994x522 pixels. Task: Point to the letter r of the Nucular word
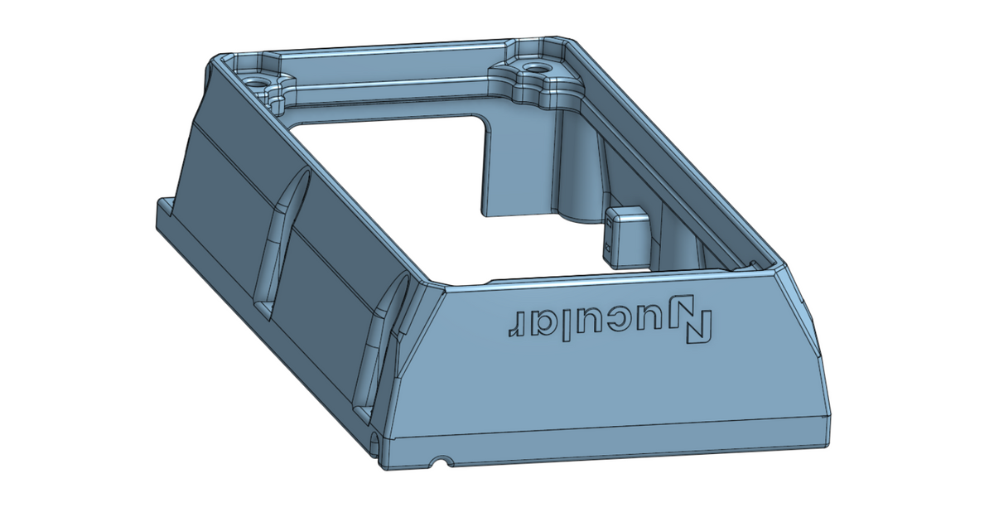pos(515,322)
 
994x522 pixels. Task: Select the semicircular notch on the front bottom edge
pos(445,459)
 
